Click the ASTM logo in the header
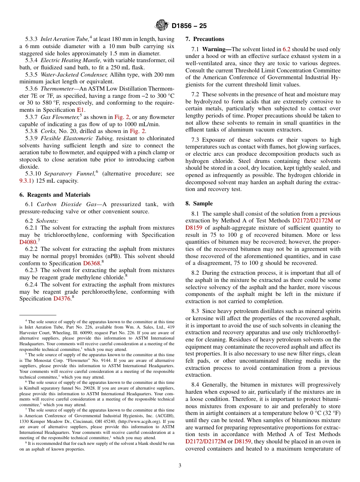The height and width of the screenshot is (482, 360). point(162,26)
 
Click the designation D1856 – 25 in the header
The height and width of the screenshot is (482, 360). point(189,26)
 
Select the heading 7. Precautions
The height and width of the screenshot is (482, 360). point(205,39)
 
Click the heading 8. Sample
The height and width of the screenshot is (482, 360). point(199,203)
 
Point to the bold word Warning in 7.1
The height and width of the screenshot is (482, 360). point(214,49)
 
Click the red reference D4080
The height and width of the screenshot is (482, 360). point(28,242)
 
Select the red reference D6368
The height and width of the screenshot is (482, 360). point(91,263)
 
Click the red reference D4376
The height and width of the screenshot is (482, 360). point(62,299)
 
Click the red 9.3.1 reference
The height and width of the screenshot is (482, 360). point(27,181)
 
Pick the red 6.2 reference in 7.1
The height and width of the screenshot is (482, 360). point(287,49)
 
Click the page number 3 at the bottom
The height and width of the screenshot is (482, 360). point(180,465)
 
